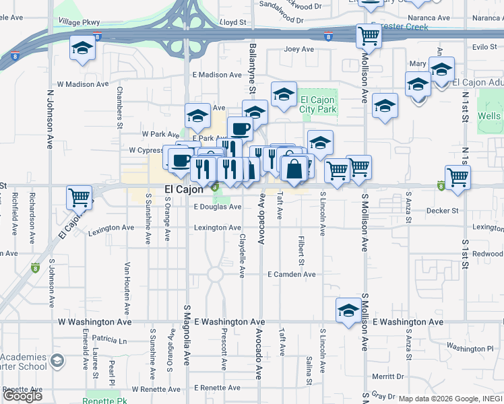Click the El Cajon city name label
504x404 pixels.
point(185,190)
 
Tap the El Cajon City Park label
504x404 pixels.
point(317,104)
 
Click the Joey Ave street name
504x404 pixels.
point(299,49)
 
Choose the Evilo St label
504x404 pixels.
point(484,47)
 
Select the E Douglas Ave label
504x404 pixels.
point(217,207)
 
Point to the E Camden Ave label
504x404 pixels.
point(291,275)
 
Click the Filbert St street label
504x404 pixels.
point(301,250)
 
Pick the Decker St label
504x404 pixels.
point(442,210)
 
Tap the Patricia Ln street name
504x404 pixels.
point(110,340)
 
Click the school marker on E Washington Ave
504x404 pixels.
point(348,311)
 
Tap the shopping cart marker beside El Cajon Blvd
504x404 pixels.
point(79,198)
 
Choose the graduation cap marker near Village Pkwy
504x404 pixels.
point(82,49)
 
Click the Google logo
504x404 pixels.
point(22,396)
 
